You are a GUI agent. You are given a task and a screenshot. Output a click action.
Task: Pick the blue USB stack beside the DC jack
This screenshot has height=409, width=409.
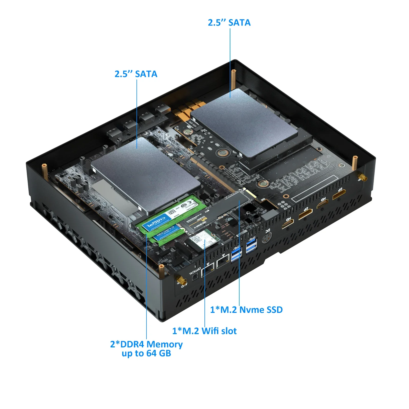(251, 245)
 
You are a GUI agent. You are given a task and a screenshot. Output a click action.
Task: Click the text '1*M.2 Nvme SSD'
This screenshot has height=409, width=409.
(246, 310)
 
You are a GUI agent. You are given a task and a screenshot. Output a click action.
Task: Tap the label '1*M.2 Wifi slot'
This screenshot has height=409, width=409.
(204, 331)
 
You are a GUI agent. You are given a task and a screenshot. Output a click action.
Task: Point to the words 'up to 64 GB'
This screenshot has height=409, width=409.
(146, 354)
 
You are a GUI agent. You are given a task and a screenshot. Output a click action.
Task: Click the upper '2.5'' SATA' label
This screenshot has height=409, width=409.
(229, 23)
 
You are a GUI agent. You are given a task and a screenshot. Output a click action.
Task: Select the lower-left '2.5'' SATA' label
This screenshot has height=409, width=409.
(136, 74)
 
